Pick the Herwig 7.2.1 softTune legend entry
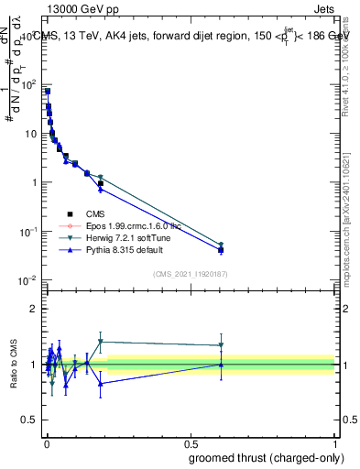tap(119, 237)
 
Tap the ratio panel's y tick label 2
tap(33, 309)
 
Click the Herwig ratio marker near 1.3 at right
tap(221, 345)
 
